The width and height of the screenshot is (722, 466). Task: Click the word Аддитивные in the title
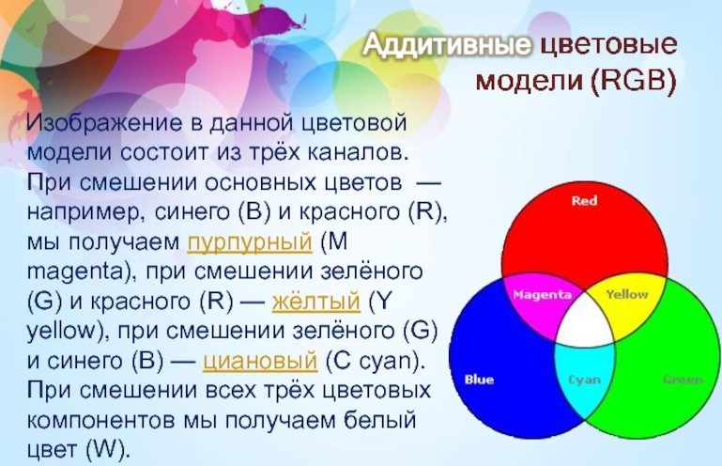coord(447,45)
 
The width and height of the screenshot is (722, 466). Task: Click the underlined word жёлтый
coord(315,302)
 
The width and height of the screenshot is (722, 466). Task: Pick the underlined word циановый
coord(260,361)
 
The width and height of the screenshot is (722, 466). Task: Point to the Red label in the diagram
coord(584,200)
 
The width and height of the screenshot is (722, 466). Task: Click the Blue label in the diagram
coord(479,380)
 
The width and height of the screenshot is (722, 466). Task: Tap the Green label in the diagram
coord(684,380)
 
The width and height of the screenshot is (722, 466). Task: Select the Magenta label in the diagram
coord(542,294)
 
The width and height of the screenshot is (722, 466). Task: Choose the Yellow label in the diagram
coord(626,294)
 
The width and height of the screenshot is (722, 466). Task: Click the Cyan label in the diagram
coord(584,380)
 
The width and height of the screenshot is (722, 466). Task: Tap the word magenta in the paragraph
coord(74,272)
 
